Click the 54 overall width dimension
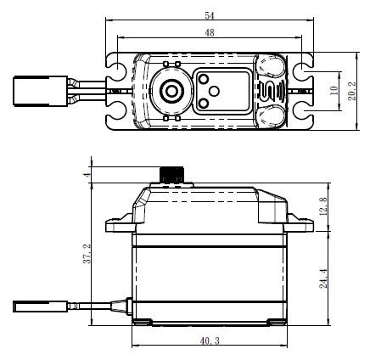[x=208, y=16]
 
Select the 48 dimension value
[x=208, y=33]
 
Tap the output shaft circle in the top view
[x=170, y=90]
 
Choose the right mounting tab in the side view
[x=296, y=227]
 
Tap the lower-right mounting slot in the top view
[x=302, y=115]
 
